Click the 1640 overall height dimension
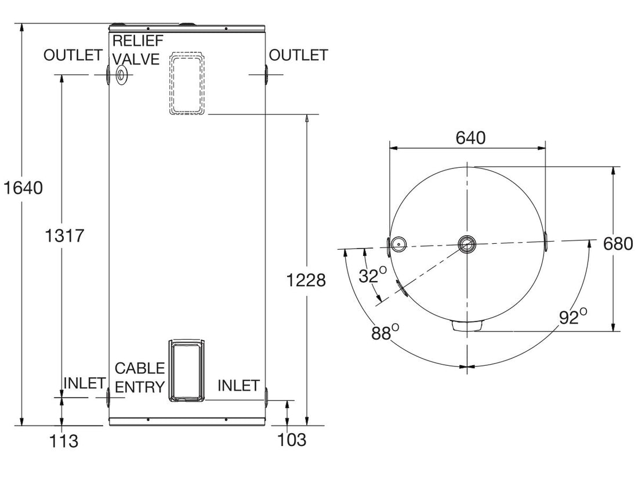point(23,188)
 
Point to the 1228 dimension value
point(306,280)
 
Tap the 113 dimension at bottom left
point(64,441)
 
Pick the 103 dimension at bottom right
point(292,440)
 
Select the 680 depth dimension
point(617,243)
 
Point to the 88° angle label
point(386,333)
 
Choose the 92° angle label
point(574,317)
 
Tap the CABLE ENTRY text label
point(140,377)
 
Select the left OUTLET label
point(73,55)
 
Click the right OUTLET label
point(298,55)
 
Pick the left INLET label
point(84,384)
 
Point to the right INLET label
point(238,386)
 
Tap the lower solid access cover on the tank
point(186,370)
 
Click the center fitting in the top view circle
point(466,244)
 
